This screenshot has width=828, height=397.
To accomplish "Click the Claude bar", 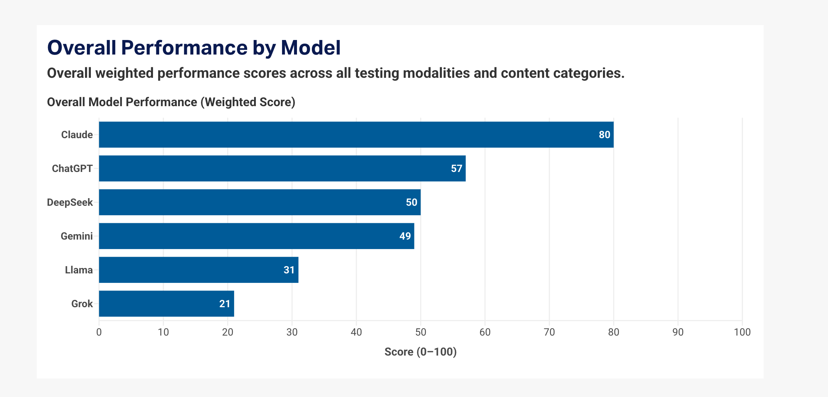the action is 356,135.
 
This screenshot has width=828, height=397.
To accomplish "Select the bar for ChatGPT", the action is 282,168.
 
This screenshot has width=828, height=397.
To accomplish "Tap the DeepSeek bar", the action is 260,202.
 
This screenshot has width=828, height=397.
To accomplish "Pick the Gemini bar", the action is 257,236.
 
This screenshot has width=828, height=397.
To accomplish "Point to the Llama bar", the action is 198,270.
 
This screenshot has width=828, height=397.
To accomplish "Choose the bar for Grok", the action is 166,304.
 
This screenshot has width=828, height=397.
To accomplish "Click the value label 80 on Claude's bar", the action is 604,135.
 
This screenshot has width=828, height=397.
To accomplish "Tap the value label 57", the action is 457,168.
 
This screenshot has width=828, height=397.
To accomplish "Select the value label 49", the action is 405,236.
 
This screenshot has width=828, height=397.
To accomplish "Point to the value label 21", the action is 225,304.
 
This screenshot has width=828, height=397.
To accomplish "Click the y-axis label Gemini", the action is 77,236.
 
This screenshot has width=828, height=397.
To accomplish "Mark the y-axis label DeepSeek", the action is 70,202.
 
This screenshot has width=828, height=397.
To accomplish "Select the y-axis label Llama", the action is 79,270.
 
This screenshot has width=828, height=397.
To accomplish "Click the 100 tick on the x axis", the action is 742,332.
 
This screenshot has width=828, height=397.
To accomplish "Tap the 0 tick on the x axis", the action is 99,332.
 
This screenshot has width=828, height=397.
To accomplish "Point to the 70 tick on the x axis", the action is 549,332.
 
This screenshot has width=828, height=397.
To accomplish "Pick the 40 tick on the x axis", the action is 356,332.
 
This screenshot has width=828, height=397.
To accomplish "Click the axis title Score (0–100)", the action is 421,352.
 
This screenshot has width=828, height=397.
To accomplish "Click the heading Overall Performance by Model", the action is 194,48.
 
